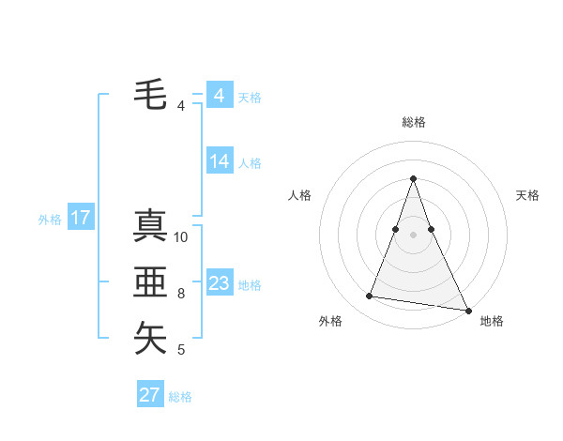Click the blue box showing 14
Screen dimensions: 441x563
(x=220, y=161)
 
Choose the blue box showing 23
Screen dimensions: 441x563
(x=220, y=283)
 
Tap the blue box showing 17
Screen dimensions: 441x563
(x=80, y=219)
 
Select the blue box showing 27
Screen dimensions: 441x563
(x=150, y=394)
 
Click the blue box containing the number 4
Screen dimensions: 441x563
(x=220, y=96)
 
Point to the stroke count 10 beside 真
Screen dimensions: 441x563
(x=182, y=237)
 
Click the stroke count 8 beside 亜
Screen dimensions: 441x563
(x=181, y=294)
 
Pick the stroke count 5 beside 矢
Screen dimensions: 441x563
(x=181, y=350)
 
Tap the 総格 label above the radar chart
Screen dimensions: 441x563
(x=414, y=122)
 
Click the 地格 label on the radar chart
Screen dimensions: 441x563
(x=492, y=321)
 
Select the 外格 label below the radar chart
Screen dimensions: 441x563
(x=330, y=321)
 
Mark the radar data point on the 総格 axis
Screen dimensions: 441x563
(x=414, y=178)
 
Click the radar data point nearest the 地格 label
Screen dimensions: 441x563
(x=467, y=310)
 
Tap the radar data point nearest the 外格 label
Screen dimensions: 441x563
(x=370, y=297)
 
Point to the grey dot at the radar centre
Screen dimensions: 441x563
(x=414, y=234)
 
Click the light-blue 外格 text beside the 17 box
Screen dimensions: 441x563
(x=50, y=220)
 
